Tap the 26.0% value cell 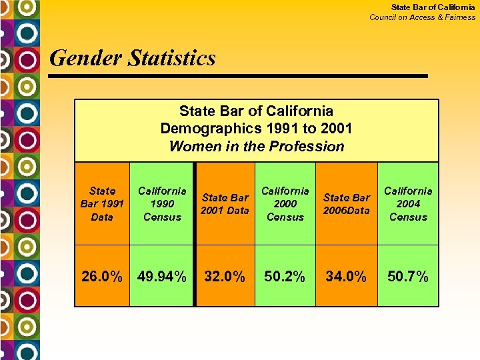101,276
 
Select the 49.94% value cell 162,276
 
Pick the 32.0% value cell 225,276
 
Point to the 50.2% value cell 285,276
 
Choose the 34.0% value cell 346,276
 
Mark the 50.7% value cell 408,276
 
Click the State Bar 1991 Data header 101,203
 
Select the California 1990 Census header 162,203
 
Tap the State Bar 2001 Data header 225,203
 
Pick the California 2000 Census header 285,203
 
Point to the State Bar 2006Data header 346,203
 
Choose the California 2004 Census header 408,203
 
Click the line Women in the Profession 257,147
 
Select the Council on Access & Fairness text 423,17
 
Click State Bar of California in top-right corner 433,7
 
